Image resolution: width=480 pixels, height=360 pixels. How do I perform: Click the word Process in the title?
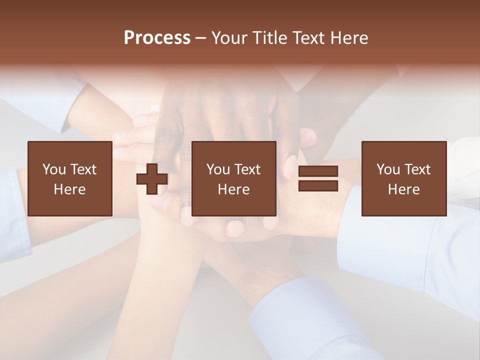pyautogui.click(x=157, y=38)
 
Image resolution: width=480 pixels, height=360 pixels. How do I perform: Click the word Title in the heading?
pyautogui.click(x=269, y=38)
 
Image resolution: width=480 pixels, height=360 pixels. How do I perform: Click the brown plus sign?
pyautogui.click(x=152, y=179)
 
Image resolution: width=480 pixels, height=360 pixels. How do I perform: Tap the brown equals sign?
pyautogui.click(x=318, y=178)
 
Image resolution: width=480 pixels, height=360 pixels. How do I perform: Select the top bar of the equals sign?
pyautogui.click(x=318, y=171)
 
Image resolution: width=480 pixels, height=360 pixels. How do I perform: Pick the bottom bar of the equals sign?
pyautogui.click(x=318, y=185)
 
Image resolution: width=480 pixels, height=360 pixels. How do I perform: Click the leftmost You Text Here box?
pyautogui.click(x=70, y=178)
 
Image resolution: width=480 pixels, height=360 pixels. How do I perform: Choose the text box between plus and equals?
pyautogui.click(x=234, y=178)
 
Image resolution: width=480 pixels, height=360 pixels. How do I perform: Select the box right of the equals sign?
pyautogui.click(x=404, y=178)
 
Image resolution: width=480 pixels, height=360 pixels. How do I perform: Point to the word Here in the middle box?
pyautogui.click(x=234, y=189)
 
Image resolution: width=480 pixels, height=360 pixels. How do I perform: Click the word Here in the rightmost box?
pyautogui.click(x=404, y=189)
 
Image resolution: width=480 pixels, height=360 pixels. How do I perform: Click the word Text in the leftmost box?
pyautogui.click(x=82, y=169)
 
